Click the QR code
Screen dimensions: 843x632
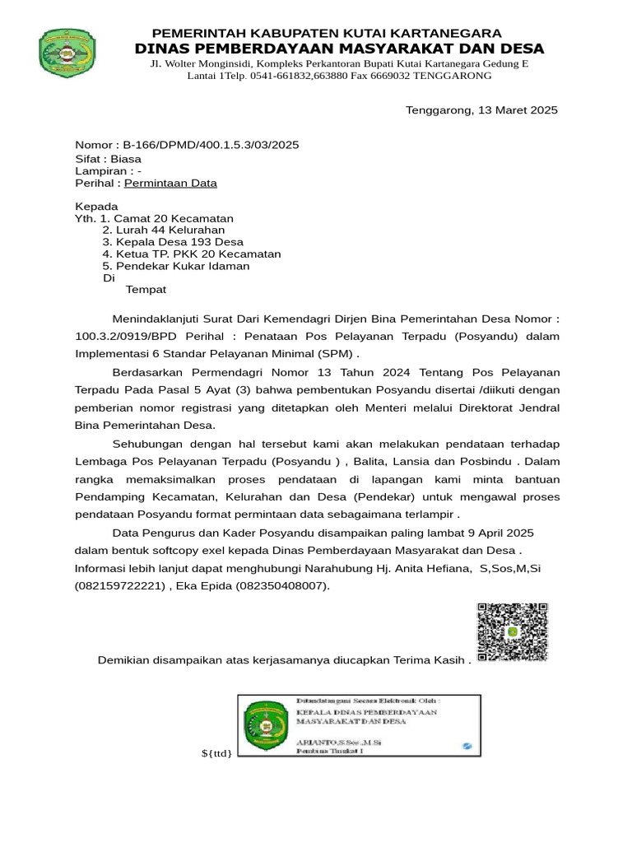512,631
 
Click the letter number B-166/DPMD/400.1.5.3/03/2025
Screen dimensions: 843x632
211,145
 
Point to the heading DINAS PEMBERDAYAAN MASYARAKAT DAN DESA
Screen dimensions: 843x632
339,49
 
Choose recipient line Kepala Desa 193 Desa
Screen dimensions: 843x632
173,243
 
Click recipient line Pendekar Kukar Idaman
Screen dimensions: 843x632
175,267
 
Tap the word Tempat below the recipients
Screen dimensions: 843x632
146,290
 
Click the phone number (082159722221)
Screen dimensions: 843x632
118,585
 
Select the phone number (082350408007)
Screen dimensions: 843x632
271,585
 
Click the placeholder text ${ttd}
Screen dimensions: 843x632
217,753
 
